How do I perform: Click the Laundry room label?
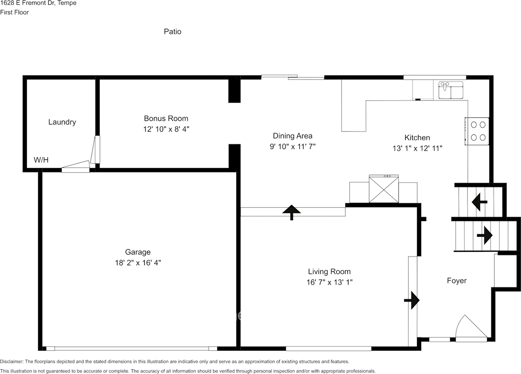[x=62, y=122]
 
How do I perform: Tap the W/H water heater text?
[x=41, y=160]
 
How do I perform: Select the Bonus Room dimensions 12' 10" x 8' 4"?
[x=166, y=129]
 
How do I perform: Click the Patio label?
[x=172, y=31]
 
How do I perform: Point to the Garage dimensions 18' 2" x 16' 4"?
[x=138, y=263]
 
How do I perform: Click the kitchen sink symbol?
[x=451, y=90]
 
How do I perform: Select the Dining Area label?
[x=292, y=136]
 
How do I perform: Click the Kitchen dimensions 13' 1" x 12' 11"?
[x=417, y=148]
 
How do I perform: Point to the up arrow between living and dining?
[x=291, y=212]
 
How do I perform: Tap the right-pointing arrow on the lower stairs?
[x=485, y=235]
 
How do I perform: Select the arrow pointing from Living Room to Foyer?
[x=412, y=300]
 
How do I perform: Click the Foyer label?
[x=457, y=281]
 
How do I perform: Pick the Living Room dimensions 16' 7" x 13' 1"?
[x=330, y=282]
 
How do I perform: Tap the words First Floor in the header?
[x=14, y=12]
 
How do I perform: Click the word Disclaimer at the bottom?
[x=12, y=361]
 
